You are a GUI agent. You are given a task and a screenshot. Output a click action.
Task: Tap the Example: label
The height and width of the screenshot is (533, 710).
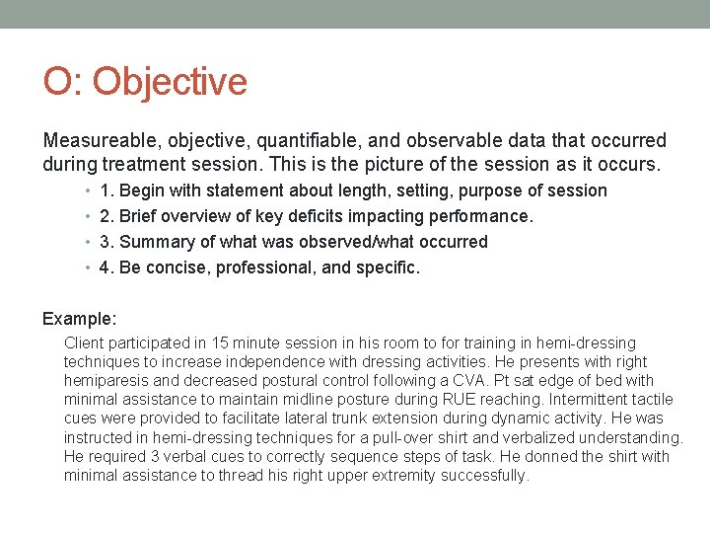point(79,319)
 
